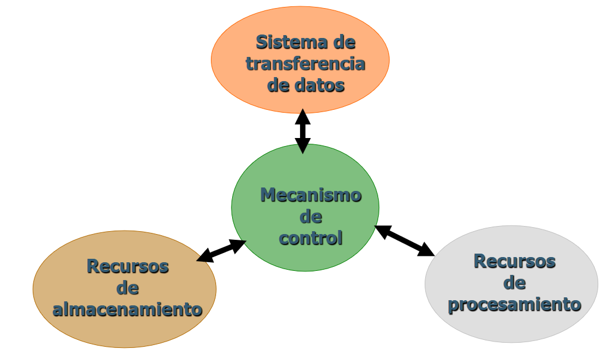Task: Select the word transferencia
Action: click(x=305, y=63)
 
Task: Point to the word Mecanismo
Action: click(x=310, y=195)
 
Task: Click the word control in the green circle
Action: click(x=310, y=238)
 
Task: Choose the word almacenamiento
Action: click(x=127, y=309)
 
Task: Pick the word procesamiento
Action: click(x=514, y=304)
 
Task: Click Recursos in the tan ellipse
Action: click(x=128, y=266)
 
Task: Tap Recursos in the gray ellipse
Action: click(x=514, y=261)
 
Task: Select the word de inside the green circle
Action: click(x=310, y=217)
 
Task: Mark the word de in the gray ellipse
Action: click(x=514, y=282)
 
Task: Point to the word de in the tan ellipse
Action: click(x=128, y=288)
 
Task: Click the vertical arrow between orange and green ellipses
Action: click(x=303, y=131)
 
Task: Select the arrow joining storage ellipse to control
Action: click(x=222, y=251)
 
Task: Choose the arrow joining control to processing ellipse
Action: click(x=405, y=240)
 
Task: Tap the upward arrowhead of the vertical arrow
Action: click(x=303, y=116)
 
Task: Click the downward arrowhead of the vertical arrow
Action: click(x=303, y=147)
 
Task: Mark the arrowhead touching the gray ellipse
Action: click(x=426, y=250)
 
